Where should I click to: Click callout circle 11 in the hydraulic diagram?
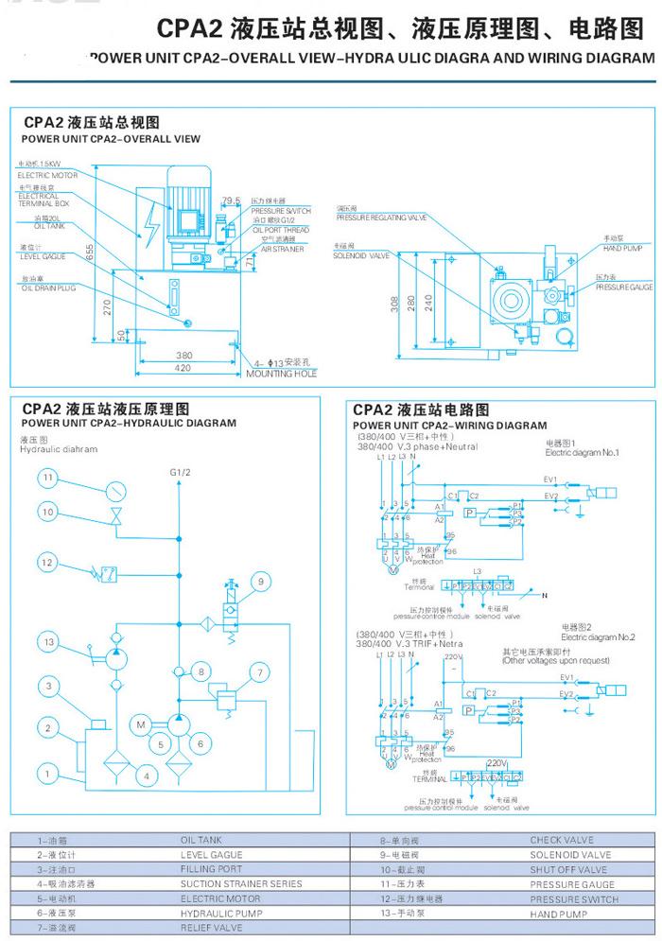pos(49,479)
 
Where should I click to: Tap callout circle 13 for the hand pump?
pos(49,642)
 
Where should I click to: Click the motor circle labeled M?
pos(139,725)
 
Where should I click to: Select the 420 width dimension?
pos(183,368)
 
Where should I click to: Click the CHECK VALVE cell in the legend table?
pos(562,839)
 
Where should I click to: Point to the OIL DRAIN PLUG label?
pos(48,287)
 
